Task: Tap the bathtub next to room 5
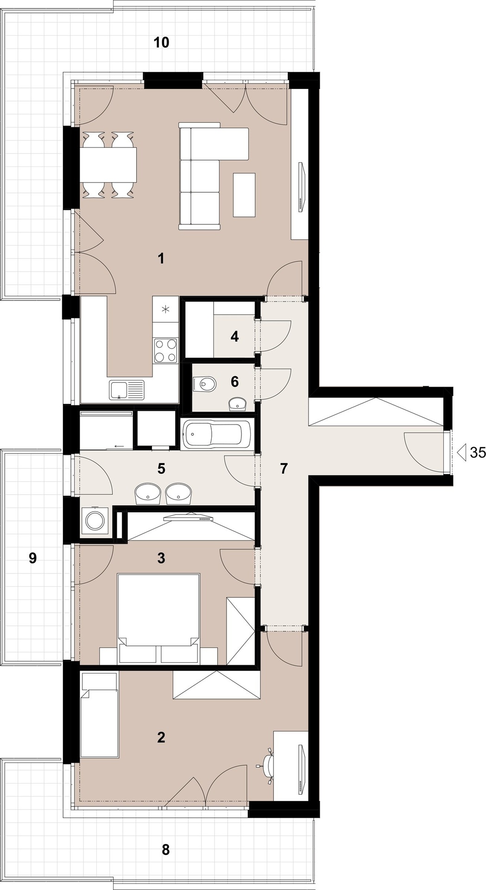coord(217,435)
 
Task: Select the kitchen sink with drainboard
coord(126,390)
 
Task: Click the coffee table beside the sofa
coord(244,194)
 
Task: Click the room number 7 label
coord(284,469)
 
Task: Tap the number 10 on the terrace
coord(161,43)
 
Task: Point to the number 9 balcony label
coord(32,558)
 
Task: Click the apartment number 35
coord(478,452)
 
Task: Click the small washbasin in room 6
coord(238,404)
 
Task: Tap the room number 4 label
coord(235,337)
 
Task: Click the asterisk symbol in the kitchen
coord(165,309)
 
